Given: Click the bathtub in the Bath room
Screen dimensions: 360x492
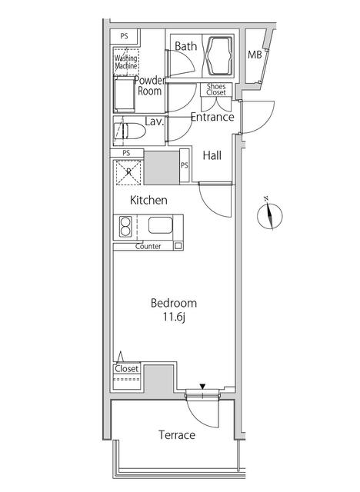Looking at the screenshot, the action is pyautogui.click(x=219, y=55).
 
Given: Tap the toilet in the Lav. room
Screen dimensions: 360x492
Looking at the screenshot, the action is pyautogui.click(x=131, y=131).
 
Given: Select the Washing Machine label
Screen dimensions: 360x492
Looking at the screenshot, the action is pyautogui.click(x=126, y=61).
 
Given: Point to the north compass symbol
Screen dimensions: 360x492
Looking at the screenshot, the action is pyautogui.click(x=269, y=215).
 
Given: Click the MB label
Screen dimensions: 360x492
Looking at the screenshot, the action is pyautogui.click(x=255, y=55).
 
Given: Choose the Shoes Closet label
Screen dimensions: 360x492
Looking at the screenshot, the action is pyautogui.click(x=216, y=89).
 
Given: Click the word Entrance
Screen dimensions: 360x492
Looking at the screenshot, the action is pyautogui.click(x=212, y=117).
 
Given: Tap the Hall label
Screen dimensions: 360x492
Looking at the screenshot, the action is pyautogui.click(x=212, y=155).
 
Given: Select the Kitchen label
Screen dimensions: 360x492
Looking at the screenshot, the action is pyautogui.click(x=148, y=200).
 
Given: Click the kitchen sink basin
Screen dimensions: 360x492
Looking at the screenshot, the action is pyautogui.click(x=160, y=225).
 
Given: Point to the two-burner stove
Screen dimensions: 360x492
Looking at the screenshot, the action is pyautogui.click(x=125, y=227).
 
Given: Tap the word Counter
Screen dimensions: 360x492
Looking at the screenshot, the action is pyautogui.click(x=148, y=246).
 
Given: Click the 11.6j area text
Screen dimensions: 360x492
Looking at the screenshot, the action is pyautogui.click(x=174, y=317).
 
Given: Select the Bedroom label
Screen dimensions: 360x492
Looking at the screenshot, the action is pyautogui.click(x=174, y=303).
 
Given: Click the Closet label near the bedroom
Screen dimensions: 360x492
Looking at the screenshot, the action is pyautogui.click(x=126, y=368).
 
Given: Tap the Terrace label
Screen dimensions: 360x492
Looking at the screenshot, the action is pyautogui.click(x=177, y=435).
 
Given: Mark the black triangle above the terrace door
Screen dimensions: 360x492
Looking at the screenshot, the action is pyautogui.click(x=202, y=386).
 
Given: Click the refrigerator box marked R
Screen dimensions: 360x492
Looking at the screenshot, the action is pyautogui.click(x=128, y=172).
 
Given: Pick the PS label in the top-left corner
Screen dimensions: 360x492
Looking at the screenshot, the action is pyautogui.click(x=125, y=36).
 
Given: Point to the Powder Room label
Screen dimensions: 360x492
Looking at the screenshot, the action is pyautogui.click(x=150, y=85).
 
